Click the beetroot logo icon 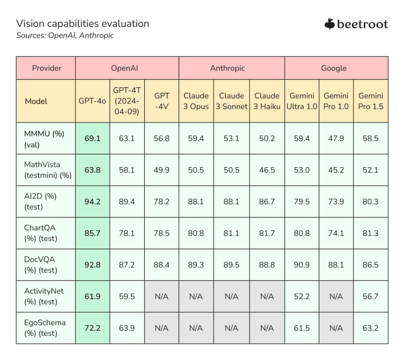pos(329,24)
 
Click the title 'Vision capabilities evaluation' pos(83,24)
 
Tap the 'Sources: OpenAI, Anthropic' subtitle pos(65,35)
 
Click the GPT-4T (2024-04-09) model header pos(127,101)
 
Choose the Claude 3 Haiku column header pos(267,101)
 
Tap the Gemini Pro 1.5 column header pos(371,101)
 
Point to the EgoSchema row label pos(45,328)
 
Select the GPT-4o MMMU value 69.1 pos(92,139)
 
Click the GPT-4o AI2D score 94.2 pos(92,202)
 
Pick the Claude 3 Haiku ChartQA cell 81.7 pos(267,233)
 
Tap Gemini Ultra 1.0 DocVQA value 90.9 pos(302,265)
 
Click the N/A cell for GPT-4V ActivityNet pos(162,296)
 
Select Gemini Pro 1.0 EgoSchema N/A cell pos(336,328)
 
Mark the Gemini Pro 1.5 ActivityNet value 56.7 pos(371,296)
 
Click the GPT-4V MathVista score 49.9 pos(162,170)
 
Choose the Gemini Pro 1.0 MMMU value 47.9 pos(336,139)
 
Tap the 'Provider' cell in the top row pos(46,68)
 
